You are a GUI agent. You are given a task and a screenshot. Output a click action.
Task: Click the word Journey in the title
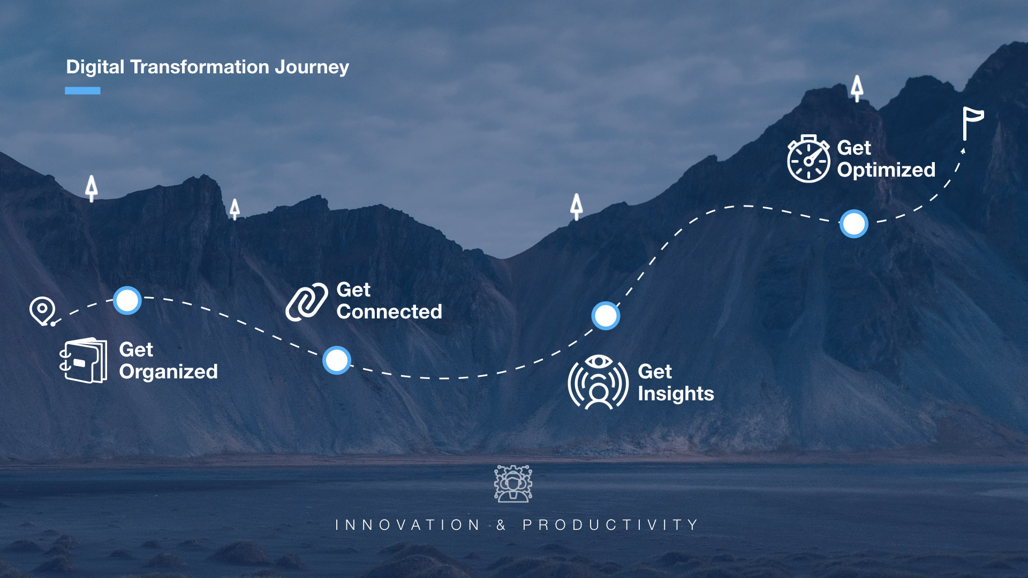[312, 67]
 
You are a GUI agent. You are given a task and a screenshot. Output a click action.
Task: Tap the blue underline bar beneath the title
[82, 90]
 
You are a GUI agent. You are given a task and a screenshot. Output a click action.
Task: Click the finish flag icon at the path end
[972, 123]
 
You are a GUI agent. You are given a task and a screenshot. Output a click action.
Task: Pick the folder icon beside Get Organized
[83, 360]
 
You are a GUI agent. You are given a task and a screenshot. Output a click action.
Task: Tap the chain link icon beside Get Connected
[306, 302]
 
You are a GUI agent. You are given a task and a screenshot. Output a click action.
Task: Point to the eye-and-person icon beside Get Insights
[598, 382]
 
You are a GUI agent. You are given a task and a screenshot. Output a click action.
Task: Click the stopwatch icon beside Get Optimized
[808, 159]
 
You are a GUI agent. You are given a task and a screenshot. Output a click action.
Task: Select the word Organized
[168, 372]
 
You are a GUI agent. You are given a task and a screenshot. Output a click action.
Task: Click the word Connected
[389, 311]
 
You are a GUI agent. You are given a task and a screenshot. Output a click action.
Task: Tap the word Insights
[676, 394]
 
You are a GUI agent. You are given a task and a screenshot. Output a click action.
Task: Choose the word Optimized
[886, 170]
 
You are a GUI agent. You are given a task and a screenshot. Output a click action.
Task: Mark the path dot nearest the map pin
[127, 300]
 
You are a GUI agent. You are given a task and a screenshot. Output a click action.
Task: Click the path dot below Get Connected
[337, 360]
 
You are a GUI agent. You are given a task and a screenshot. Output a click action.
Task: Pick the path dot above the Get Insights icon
[606, 316]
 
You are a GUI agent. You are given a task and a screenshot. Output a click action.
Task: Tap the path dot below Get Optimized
[853, 224]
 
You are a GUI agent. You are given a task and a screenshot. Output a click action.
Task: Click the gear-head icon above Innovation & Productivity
[513, 484]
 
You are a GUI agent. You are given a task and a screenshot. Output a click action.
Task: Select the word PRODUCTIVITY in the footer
[610, 525]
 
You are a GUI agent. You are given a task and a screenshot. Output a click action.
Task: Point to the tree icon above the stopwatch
[857, 88]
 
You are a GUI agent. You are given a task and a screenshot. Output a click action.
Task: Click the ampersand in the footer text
[501, 525]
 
